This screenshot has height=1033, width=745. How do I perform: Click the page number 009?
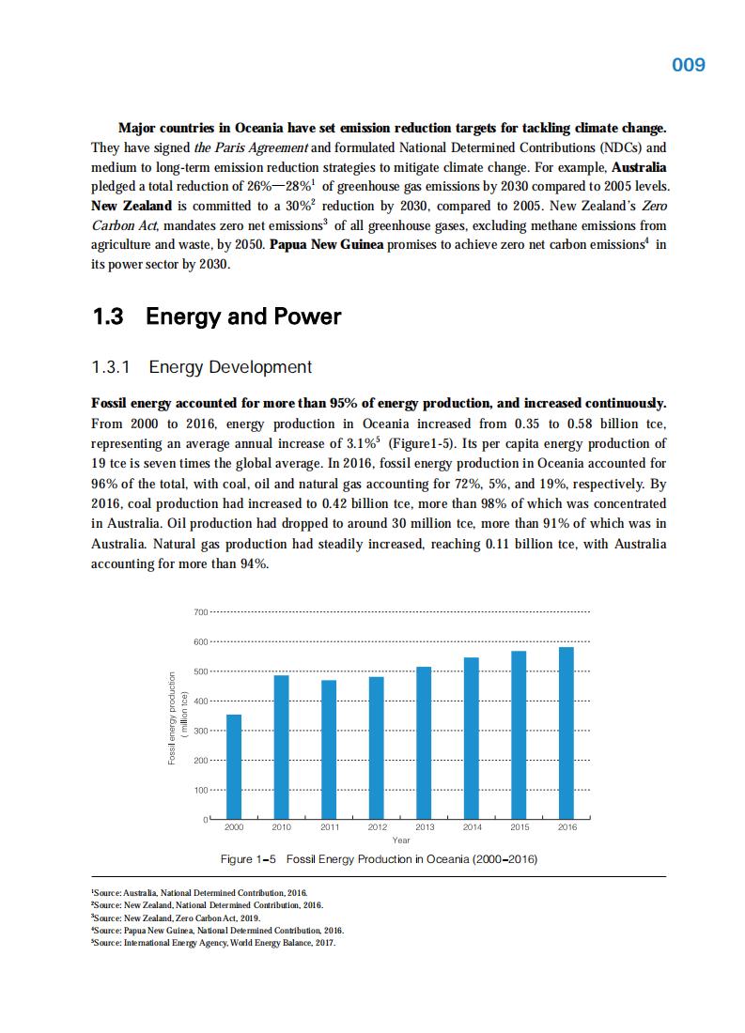click(x=689, y=65)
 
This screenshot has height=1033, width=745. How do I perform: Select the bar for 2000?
click(x=234, y=767)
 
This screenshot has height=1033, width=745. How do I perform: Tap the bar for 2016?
click(x=567, y=733)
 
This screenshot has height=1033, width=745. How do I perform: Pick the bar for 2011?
click(x=329, y=749)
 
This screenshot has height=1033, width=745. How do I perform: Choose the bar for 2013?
click(x=424, y=743)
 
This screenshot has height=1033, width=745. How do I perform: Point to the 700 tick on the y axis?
click(x=199, y=612)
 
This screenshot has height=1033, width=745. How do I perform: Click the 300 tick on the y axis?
click(x=199, y=731)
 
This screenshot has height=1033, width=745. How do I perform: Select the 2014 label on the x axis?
click(x=472, y=827)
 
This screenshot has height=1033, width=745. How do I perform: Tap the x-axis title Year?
click(x=400, y=840)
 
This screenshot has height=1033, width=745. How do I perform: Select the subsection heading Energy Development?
click(x=230, y=366)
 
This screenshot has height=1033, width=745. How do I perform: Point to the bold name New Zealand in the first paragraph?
click(x=132, y=206)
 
